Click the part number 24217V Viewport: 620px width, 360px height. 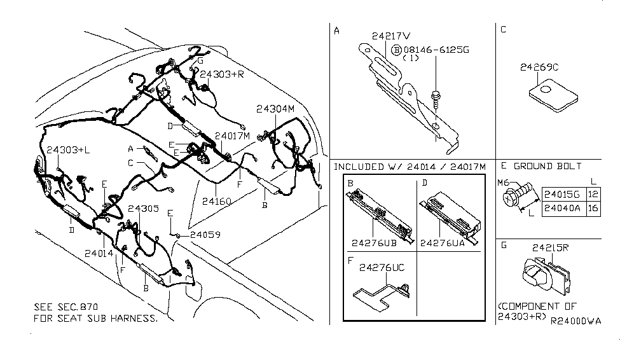tap(391, 36)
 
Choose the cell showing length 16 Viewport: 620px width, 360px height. tap(593, 208)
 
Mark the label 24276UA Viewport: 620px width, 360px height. tap(449, 242)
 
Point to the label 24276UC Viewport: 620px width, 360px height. tap(382, 268)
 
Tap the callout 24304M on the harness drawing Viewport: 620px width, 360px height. tap(275, 109)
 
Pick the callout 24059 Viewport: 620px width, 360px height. tap(202, 234)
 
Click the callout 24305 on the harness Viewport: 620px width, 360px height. tap(144, 208)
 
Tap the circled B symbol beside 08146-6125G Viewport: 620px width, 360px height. tap(396, 49)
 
